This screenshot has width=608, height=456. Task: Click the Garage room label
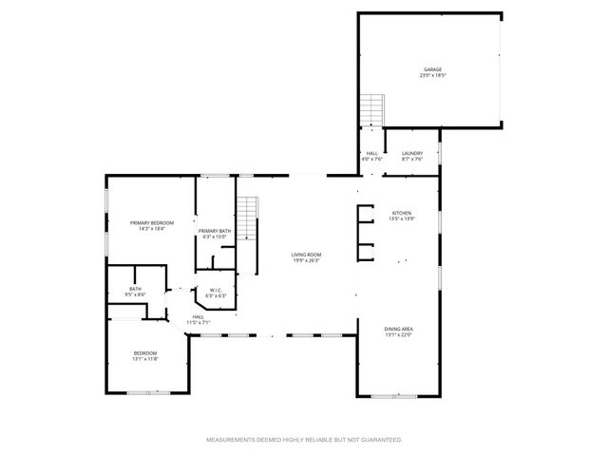tap(433, 69)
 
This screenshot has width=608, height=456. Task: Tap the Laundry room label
tap(412, 153)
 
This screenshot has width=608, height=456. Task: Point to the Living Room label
tap(306, 255)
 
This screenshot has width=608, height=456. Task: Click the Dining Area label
tap(399, 329)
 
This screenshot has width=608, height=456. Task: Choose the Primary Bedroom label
tap(152, 222)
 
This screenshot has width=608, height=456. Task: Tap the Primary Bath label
tap(215, 231)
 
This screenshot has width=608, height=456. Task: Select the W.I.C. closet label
tap(211, 290)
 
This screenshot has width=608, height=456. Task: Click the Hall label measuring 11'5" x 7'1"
tap(198, 317)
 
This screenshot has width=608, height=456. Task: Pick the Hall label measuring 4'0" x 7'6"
tap(373, 153)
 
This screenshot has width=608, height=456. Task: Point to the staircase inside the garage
tap(372, 110)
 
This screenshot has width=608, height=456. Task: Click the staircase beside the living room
tap(248, 219)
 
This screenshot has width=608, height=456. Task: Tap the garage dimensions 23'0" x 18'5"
tap(433, 75)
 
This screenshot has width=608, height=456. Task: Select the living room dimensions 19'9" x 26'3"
tap(306, 260)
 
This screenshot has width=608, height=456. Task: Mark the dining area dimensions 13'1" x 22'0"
tap(399, 334)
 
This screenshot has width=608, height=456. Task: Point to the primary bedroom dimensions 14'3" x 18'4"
tap(152, 228)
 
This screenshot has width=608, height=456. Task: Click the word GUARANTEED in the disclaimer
tap(380, 440)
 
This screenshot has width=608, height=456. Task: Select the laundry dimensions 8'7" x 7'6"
tap(412, 159)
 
